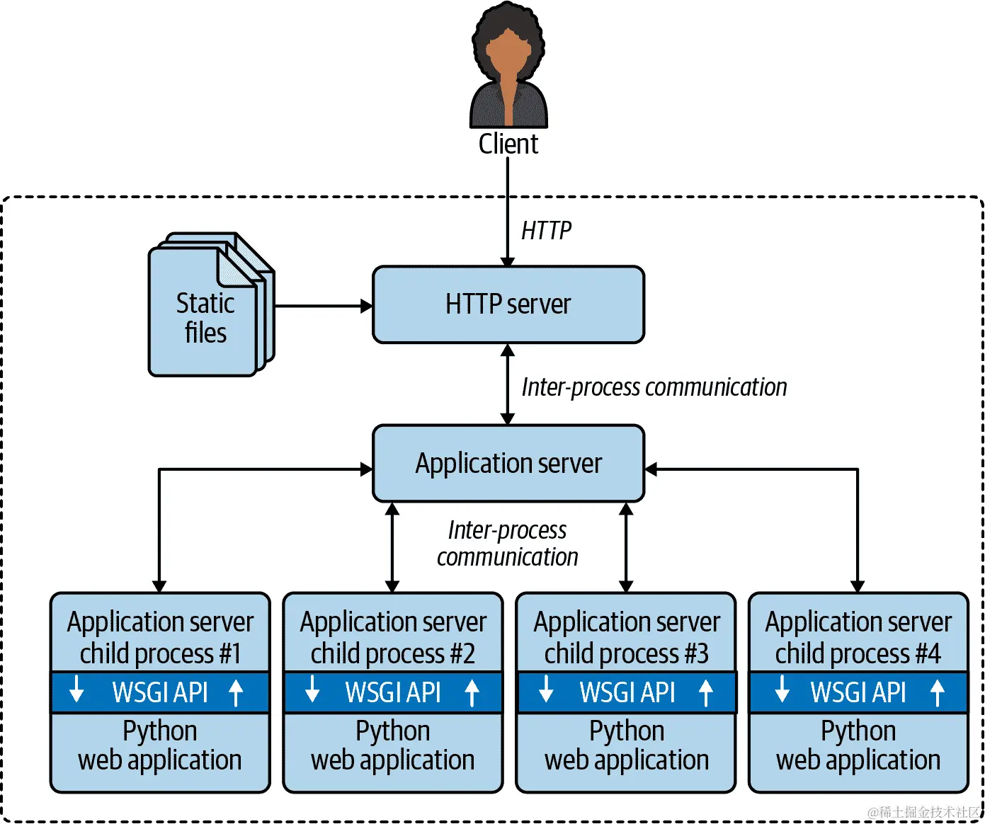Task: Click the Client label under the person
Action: pos(508,144)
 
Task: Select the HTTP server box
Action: pos(508,304)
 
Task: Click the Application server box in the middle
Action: pos(508,464)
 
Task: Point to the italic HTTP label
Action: pos(546,231)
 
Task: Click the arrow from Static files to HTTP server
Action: pos(322,307)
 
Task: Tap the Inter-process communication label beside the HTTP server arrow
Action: pos(654,387)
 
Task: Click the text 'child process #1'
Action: pos(160,653)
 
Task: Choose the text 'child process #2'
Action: pos(393,653)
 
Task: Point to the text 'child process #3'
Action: pos(626,653)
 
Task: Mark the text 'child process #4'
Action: pos(858,653)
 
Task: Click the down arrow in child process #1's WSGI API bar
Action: pos(76,689)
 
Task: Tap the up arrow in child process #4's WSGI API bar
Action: pos(938,692)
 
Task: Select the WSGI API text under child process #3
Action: pos(627,692)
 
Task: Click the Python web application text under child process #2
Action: pos(393,745)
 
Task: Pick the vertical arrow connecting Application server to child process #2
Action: pos(393,547)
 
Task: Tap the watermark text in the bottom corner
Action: pos(924,812)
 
